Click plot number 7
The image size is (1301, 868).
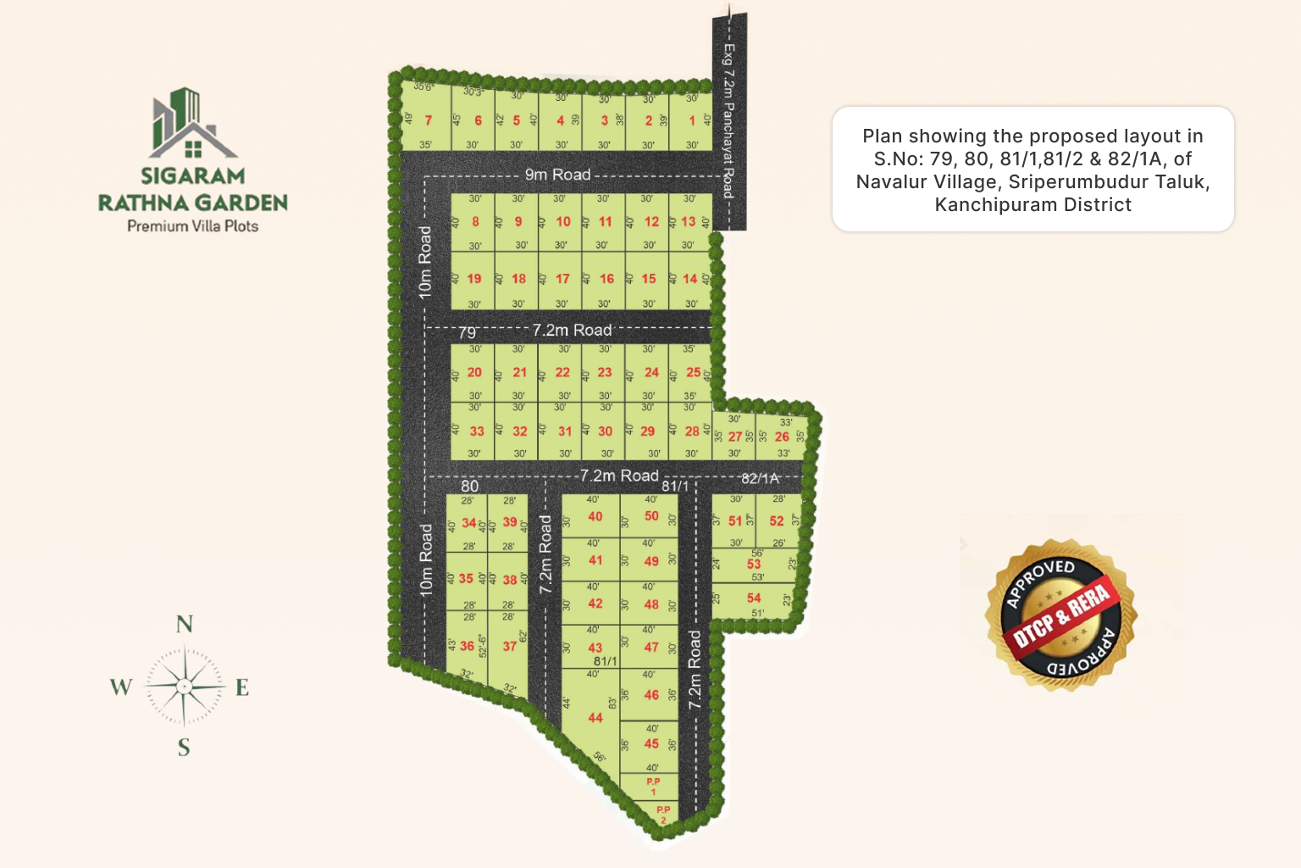(428, 120)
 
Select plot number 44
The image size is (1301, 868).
(595, 718)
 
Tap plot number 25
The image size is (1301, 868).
(693, 372)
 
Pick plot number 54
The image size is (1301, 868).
(754, 598)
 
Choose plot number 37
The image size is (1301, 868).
(510, 646)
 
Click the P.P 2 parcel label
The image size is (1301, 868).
(663, 815)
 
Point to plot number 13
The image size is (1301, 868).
(689, 221)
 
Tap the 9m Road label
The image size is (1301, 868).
(557, 175)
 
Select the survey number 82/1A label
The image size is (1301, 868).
(760, 478)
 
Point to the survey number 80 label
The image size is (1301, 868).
(469, 487)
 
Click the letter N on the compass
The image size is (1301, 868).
(184, 625)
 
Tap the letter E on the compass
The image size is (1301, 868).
(242, 687)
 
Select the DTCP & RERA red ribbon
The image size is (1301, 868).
(1062, 615)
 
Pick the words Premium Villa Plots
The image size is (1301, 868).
(192, 226)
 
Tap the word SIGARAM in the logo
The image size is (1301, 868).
(192, 175)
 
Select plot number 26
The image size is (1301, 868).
(782, 437)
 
